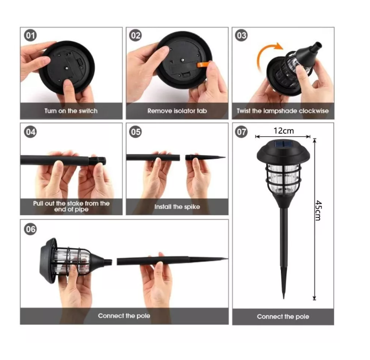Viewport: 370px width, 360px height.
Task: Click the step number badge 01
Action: tap(30, 36)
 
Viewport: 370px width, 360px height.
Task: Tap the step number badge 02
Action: tap(136, 36)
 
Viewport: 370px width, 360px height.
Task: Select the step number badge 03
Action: tap(241, 36)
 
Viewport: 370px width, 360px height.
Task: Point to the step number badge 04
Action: tap(30, 132)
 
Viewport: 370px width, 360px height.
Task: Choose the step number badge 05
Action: tap(136, 132)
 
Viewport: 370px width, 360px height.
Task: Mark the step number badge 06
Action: tap(30, 229)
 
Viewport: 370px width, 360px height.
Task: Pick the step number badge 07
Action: tap(241, 132)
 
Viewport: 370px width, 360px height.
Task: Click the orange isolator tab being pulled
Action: tap(203, 65)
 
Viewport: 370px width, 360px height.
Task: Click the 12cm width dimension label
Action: tap(284, 131)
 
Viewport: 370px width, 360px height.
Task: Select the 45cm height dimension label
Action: tap(318, 210)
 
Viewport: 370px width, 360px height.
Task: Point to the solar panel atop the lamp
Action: tap(283, 143)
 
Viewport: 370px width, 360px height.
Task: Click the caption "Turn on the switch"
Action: tap(71, 111)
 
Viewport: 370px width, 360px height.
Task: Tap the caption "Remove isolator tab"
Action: tap(177, 111)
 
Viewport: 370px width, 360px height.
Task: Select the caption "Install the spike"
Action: tap(177, 207)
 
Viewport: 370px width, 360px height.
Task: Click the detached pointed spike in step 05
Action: tap(205, 157)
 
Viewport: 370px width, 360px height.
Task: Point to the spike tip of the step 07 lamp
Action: tap(284, 298)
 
